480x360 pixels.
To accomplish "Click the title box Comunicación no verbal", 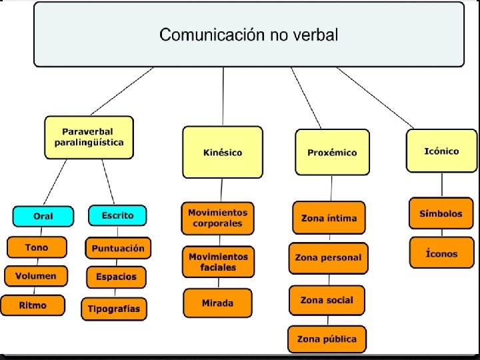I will point(249,34).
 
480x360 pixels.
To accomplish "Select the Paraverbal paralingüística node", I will point(89,137).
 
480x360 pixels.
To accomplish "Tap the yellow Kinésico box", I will point(223,152).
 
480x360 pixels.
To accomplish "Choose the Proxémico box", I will point(332,152).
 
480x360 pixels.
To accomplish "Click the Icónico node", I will point(441,151).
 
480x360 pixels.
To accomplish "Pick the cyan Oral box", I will point(43,216).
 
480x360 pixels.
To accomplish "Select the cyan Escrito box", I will point(117,215).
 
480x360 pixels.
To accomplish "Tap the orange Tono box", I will point(37,247).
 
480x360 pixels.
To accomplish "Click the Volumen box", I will point(36,275).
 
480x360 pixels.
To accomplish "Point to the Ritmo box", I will point(33,305).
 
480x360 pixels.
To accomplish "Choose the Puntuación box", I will point(118,248).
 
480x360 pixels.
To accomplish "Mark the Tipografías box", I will point(115,309).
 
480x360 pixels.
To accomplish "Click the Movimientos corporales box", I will point(217,218).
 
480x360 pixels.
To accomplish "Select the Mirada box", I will point(217,303).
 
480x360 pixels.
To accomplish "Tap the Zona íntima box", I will point(329,218).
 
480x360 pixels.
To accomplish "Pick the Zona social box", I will point(327,300).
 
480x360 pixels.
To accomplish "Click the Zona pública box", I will point(327,339).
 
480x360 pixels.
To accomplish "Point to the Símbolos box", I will point(441,214).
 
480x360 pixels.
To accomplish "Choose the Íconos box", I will point(441,253).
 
